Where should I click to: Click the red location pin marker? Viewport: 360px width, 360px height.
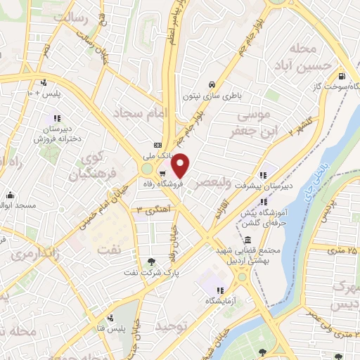(x=181, y=165)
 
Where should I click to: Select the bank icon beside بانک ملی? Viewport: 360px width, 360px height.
(x=157, y=143)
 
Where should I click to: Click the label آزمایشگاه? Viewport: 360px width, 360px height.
(x=219, y=301)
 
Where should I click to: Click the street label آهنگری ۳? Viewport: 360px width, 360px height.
(x=149, y=210)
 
